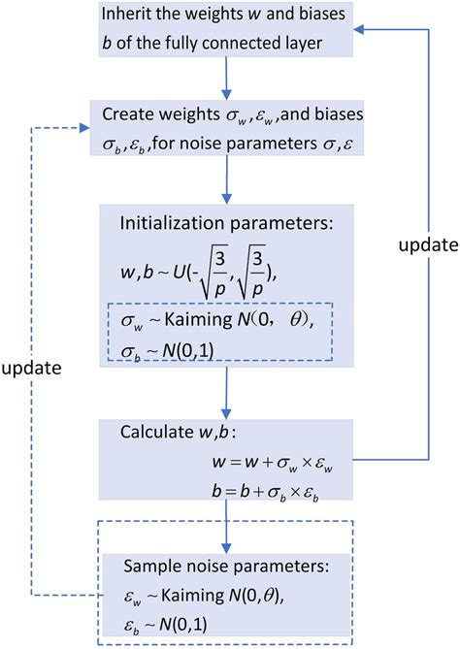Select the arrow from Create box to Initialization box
pyautogui.click(x=226, y=177)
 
